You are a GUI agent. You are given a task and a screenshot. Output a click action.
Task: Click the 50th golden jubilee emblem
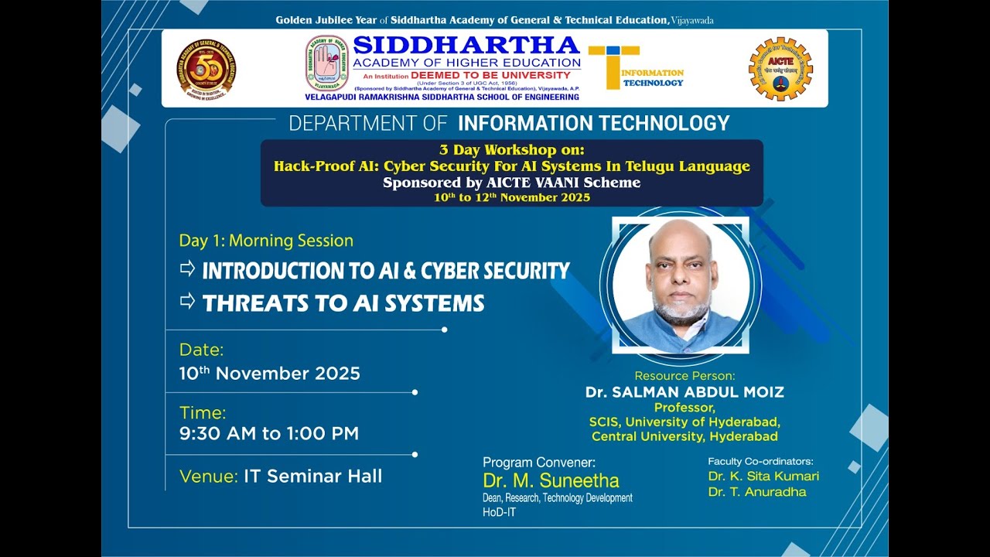click(x=206, y=69)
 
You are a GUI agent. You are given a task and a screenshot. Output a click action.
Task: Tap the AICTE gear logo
click(x=780, y=69)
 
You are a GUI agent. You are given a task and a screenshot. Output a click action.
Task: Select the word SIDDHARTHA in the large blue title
click(x=466, y=46)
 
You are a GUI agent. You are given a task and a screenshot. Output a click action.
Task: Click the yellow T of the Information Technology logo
click(x=613, y=66)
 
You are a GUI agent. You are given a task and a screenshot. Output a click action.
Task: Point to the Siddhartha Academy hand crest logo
click(x=326, y=63)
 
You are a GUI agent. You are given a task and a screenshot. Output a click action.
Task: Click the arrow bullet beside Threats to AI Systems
click(x=187, y=301)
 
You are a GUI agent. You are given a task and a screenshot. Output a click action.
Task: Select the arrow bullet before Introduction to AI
click(x=187, y=268)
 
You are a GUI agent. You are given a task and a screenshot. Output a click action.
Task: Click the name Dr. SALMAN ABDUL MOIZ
click(x=684, y=392)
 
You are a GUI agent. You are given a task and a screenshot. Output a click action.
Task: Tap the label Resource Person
click(x=684, y=376)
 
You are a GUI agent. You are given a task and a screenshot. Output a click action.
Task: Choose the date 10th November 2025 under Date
click(x=269, y=374)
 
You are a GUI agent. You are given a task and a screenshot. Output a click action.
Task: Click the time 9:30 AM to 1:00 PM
click(x=268, y=433)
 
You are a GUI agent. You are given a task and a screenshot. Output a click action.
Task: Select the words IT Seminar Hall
click(x=312, y=476)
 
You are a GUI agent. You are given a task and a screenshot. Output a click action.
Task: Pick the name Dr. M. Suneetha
click(x=551, y=481)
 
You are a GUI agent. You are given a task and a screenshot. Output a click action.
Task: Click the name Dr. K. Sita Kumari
click(x=763, y=476)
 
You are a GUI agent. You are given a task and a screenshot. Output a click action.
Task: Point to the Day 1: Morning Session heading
click(x=266, y=241)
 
